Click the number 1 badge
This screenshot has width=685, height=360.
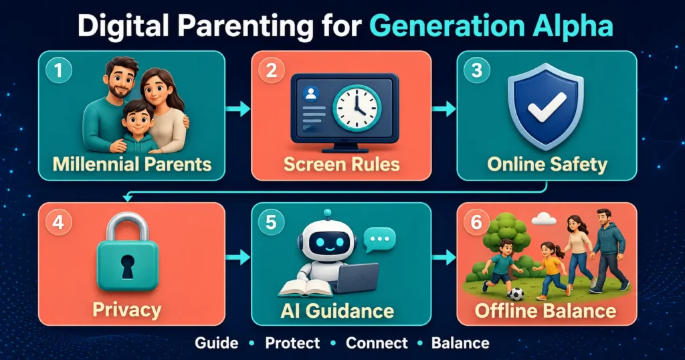[59, 70]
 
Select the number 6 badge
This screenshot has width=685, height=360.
[476, 222]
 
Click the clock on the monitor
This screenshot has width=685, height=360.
[357, 108]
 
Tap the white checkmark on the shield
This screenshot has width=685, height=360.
[547, 106]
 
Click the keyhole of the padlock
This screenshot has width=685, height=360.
[127, 266]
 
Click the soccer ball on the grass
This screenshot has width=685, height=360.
[516, 294]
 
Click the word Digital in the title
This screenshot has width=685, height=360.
[123, 26]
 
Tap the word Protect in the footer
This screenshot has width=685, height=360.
[292, 343]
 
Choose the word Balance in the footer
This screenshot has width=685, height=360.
[460, 343]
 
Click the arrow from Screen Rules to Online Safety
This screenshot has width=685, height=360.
[444, 108]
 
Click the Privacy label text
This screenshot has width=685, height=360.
[127, 310]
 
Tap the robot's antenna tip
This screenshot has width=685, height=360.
[327, 213]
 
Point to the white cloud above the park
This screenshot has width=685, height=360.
[544, 218]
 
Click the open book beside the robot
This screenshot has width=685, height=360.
[304, 288]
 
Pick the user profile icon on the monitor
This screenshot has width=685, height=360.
[310, 94]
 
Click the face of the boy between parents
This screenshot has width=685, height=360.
[138, 119]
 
